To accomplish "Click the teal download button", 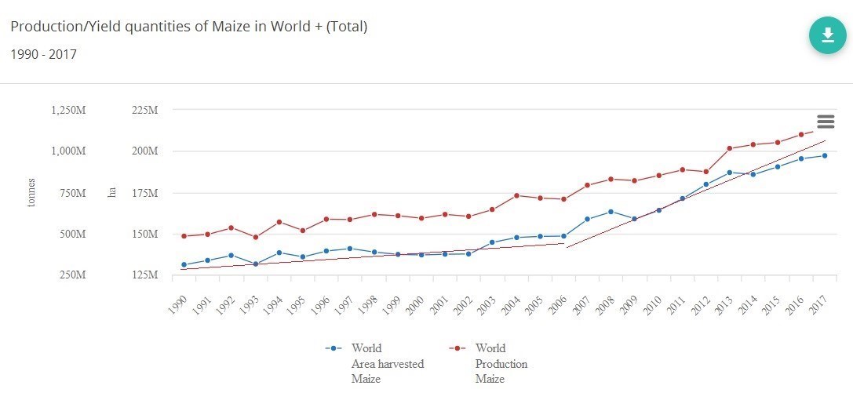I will point(827,35).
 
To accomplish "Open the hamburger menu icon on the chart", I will point(825,122).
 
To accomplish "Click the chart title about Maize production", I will point(188,27).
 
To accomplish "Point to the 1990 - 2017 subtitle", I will point(43,54).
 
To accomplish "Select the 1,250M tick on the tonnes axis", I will point(67,111).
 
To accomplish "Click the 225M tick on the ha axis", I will point(144,111).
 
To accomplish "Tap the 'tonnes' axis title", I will point(32,193).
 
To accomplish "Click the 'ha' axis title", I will point(112,193).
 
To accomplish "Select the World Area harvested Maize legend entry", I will point(377,363).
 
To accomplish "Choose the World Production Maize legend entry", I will point(491,363).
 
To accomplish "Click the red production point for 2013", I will point(729,148).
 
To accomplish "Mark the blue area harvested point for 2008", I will point(611,212).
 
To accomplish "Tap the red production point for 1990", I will point(184,236).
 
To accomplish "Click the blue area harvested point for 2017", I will point(824,155).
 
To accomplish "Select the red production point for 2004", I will point(516,195).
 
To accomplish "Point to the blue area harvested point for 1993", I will point(255,264).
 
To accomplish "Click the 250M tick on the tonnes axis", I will point(71,276).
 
